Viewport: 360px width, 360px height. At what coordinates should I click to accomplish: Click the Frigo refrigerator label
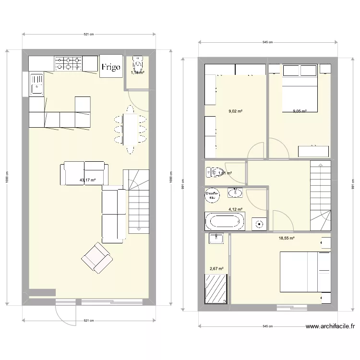point(110,67)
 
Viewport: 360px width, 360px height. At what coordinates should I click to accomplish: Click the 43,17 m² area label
point(88,180)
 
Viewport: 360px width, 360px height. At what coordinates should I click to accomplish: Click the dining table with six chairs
point(130,129)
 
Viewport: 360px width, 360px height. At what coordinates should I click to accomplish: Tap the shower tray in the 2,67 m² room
point(216,289)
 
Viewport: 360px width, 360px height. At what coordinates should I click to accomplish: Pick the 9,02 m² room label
point(235,111)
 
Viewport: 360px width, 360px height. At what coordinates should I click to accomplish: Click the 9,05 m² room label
point(300,111)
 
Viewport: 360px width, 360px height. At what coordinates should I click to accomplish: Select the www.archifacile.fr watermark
point(330,327)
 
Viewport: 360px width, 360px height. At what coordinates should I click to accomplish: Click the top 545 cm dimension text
point(268,42)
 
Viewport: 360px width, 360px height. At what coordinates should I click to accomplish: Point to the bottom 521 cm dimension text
point(88,320)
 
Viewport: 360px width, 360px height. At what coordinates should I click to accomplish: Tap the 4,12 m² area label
point(235,209)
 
